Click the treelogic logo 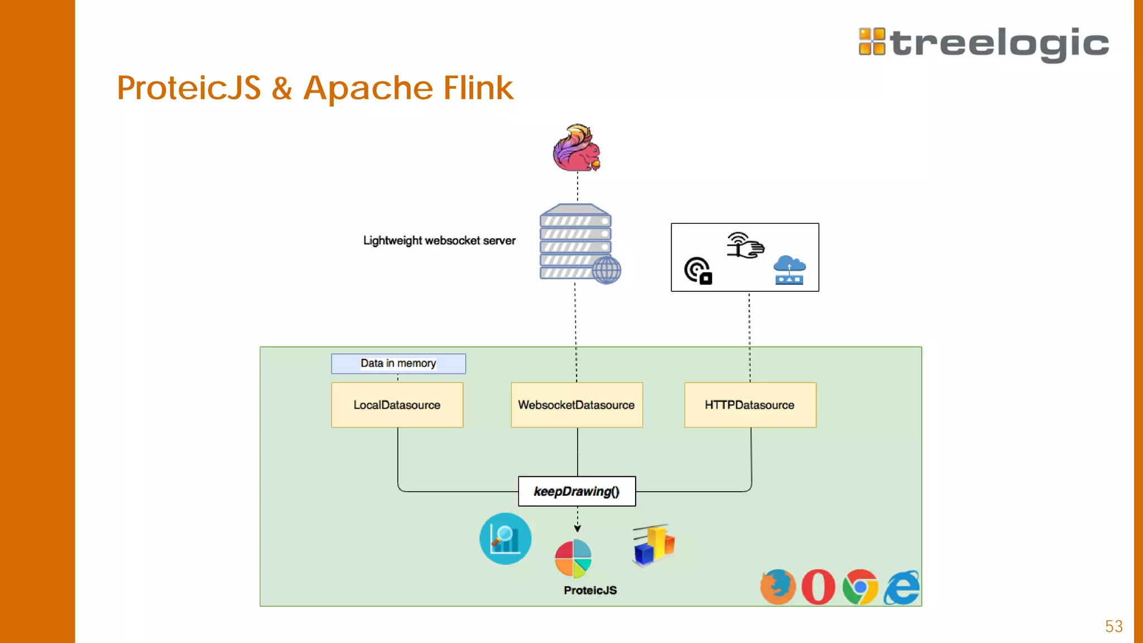pos(983,43)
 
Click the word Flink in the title pos(478,88)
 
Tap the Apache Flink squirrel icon pos(577,148)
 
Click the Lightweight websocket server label pos(439,241)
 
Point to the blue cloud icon pos(789,270)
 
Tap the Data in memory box pos(398,363)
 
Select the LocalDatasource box pos(397,405)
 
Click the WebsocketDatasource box pos(577,405)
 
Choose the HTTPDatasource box pos(750,405)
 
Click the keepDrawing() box pos(577,491)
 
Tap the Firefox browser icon pos(777,587)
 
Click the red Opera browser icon pos(818,587)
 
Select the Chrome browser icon pos(860,587)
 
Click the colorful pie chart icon pos(573,558)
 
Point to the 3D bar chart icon pos(654,545)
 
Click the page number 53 pos(1113,626)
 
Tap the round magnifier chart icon pos(505,539)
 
